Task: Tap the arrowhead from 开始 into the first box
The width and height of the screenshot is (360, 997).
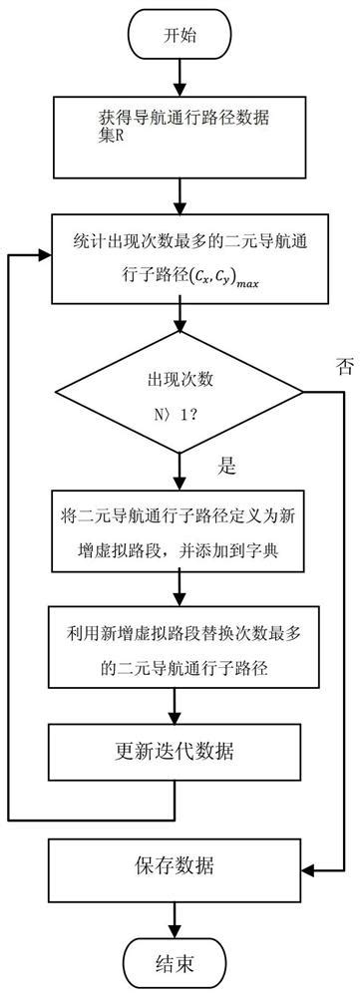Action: (180, 87)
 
